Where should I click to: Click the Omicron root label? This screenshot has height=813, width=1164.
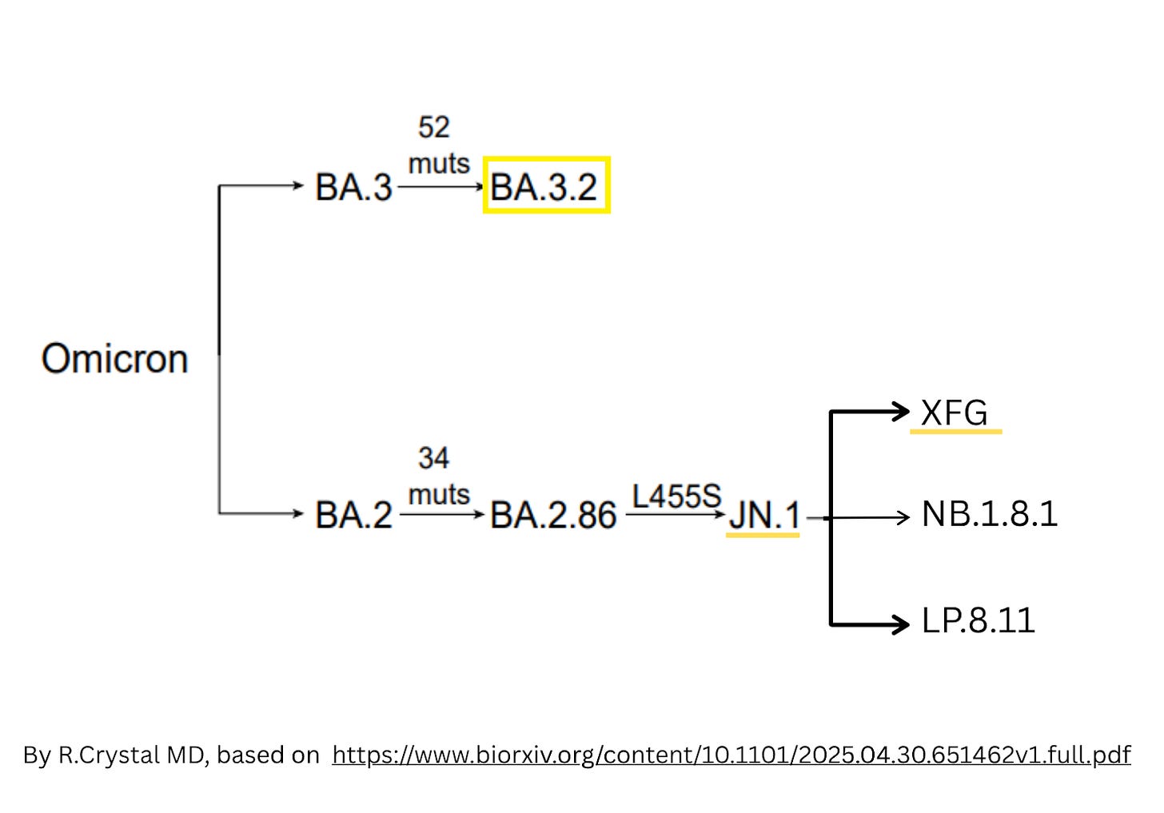(x=114, y=359)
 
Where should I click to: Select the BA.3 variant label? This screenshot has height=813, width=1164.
(x=353, y=188)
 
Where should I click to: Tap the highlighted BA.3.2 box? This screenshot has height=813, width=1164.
(x=546, y=185)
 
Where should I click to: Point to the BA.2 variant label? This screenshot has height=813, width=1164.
(x=353, y=515)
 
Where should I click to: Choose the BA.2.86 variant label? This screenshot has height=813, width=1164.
(x=553, y=515)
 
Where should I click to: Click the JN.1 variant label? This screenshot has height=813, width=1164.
(x=764, y=515)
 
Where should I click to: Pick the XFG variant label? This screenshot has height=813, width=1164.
(x=954, y=412)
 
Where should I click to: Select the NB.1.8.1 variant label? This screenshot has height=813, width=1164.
(x=989, y=514)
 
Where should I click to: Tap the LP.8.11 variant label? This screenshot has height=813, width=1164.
(x=978, y=620)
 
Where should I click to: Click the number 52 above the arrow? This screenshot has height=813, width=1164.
(x=434, y=127)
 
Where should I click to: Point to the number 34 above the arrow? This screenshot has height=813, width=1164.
(x=434, y=458)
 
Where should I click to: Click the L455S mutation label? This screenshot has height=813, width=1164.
(x=676, y=496)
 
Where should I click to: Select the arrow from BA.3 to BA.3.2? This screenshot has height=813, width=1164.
(x=440, y=187)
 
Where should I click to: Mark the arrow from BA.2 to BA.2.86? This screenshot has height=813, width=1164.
(x=442, y=514)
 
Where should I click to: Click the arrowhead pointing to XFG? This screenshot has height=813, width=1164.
(x=901, y=412)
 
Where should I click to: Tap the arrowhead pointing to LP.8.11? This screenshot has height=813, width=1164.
(x=901, y=624)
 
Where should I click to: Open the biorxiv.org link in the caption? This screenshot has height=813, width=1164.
(x=731, y=755)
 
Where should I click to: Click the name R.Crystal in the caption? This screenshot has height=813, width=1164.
(x=104, y=755)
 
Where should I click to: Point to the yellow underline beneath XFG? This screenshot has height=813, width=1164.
(x=955, y=432)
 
